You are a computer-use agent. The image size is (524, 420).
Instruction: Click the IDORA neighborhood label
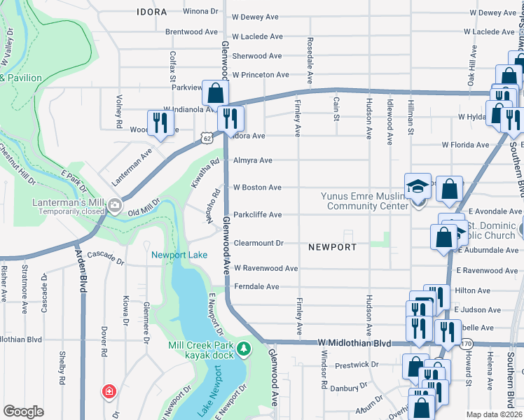point(152,12)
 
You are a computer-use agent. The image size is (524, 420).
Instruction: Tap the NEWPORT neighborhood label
point(332,247)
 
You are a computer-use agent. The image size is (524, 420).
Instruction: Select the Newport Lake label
point(179,255)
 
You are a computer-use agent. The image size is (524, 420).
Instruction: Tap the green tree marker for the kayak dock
point(243,348)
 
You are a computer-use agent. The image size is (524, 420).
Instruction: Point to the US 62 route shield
point(206,138)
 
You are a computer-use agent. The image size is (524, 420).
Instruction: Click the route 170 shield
point(467,343)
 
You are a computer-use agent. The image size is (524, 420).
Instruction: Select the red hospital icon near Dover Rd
point(109,391)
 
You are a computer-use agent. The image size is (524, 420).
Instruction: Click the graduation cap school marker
point(418,186)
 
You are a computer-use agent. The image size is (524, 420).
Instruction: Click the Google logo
point(23,412)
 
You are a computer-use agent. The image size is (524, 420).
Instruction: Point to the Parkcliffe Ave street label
point(257,215)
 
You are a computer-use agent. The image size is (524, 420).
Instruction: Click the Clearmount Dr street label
point(258,243)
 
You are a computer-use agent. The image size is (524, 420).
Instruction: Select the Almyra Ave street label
point(253,160)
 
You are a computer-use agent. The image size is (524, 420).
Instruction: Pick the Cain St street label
point(336,107)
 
